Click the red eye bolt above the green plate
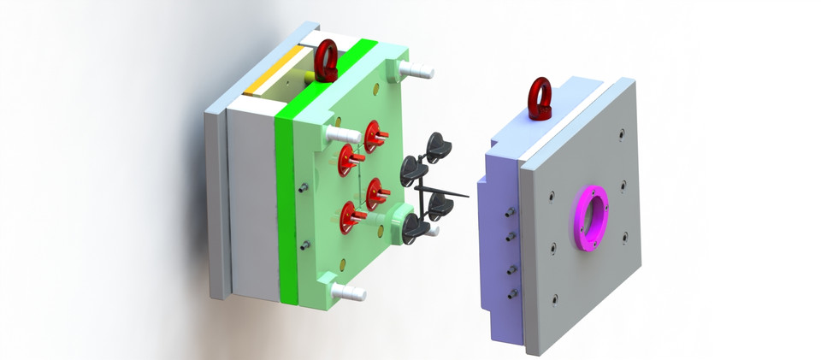[x=327, y=60]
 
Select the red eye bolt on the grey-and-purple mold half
[x=540, y=97]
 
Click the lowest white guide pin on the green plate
[x=351, y=293]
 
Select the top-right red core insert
[x=374, y=134]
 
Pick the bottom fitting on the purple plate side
[x=512, y=293]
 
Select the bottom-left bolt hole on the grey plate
[x=555, y=298]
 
